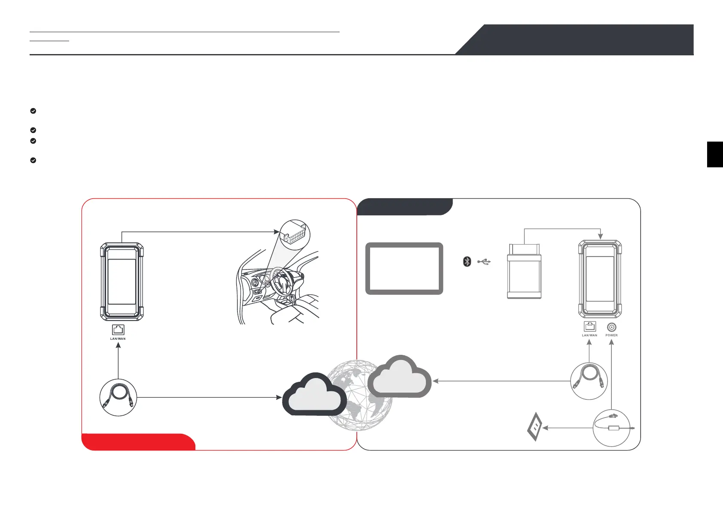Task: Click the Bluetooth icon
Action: pos(467,261)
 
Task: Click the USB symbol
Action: pos(483,261)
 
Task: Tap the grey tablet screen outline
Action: pos(404,269)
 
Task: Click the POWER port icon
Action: pos(611,327)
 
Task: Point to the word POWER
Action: pos(611,336)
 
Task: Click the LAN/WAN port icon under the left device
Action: pos(118,330)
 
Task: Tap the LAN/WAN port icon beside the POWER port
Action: pos(590,327)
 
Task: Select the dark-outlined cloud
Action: pos(314,396)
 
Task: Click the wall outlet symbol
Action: pos(535,428)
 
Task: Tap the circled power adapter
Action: pos(611,428)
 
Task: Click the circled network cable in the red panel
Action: pos(118,398)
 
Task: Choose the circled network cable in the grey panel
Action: pos(589,381)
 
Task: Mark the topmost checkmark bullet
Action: pos(33,111)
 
